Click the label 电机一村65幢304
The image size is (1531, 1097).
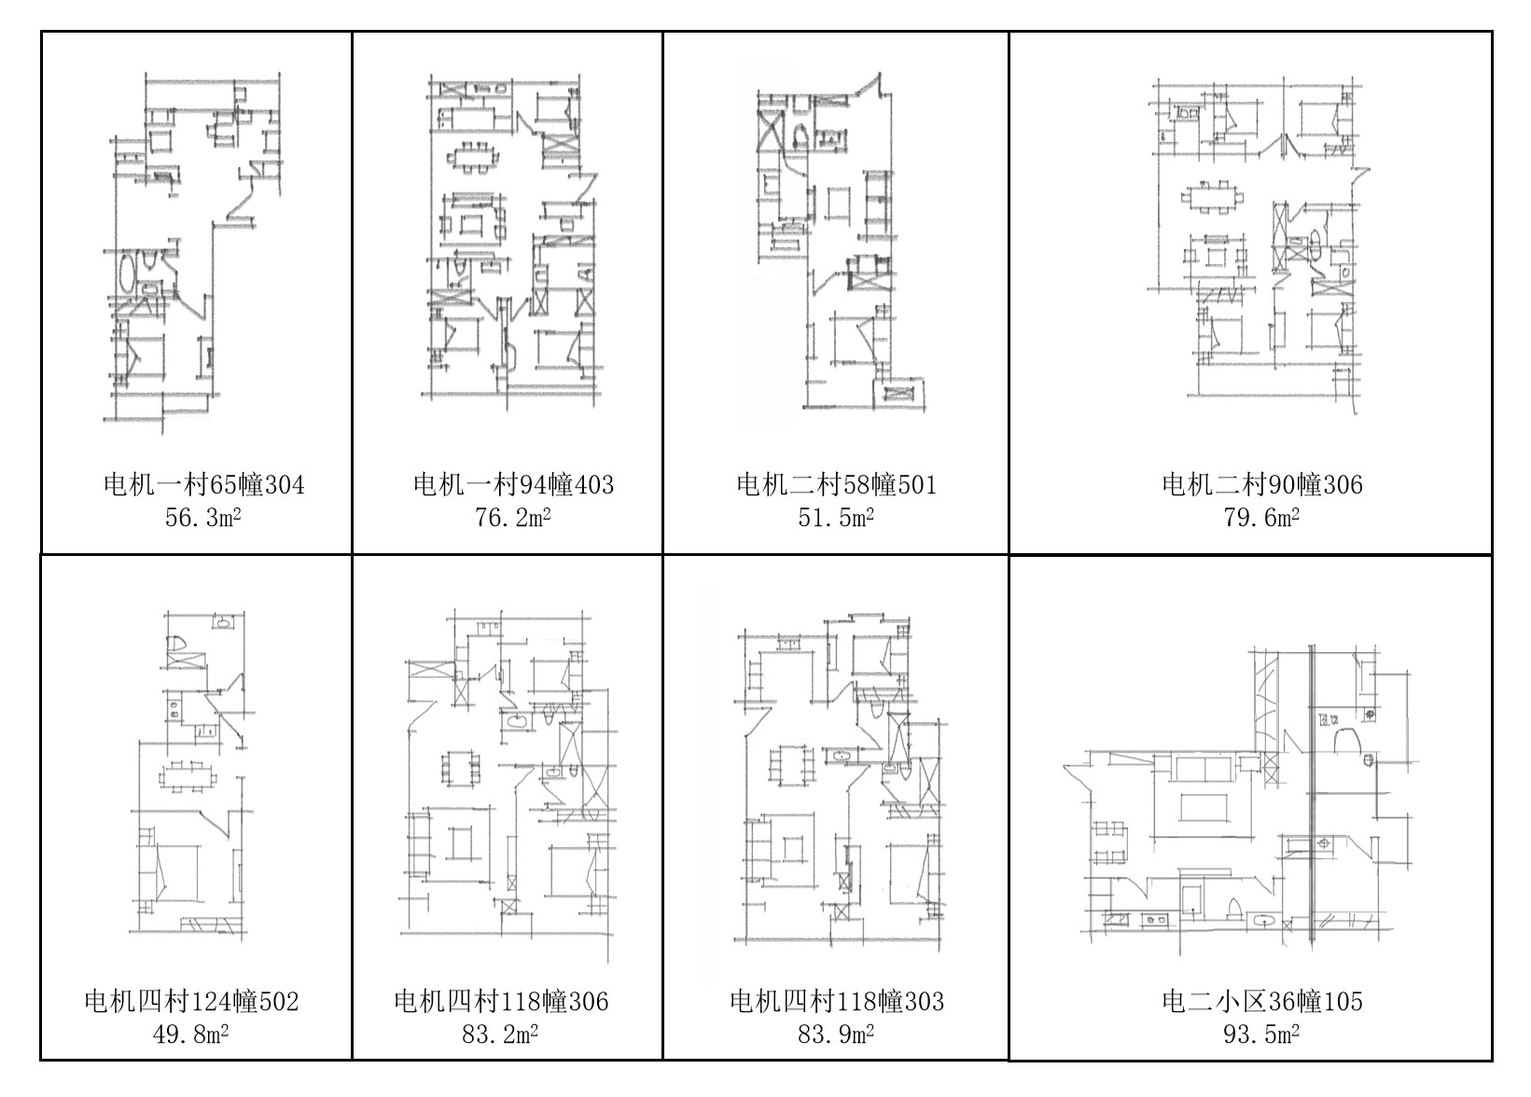click(x=203, y=485)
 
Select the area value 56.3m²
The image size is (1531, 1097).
click(x=203, y=518)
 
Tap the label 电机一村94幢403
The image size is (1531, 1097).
click(x=513, y=485)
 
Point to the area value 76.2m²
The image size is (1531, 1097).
click(x=512, y=518)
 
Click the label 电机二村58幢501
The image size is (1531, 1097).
click(x=836, y=485)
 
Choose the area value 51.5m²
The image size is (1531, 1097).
click(x=836, y=518)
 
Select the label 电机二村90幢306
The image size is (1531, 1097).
click(x=1261, y=485)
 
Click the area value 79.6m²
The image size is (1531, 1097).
click(x=1261, y=518)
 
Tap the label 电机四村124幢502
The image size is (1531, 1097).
click(x=191, y=1002)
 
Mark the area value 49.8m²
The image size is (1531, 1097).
click(x=190, y=1035)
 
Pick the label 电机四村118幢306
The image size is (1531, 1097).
click(x=501, y=1002)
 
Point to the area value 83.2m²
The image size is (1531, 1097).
click(x=500, y=1035)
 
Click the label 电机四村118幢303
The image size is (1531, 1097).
click(x=837, y=1002)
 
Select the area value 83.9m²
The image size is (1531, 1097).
click(x=836, y=1035)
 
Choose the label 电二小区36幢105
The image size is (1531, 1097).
click(x=1261, y=1002)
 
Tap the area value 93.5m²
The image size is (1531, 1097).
click(x=1261, y=1035)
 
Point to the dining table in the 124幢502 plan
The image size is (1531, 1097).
click(x=188, y=777)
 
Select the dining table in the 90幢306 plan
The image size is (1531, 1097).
click(x=1212, y=198)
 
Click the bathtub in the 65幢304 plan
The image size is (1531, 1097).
click(x=127, y=272)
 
